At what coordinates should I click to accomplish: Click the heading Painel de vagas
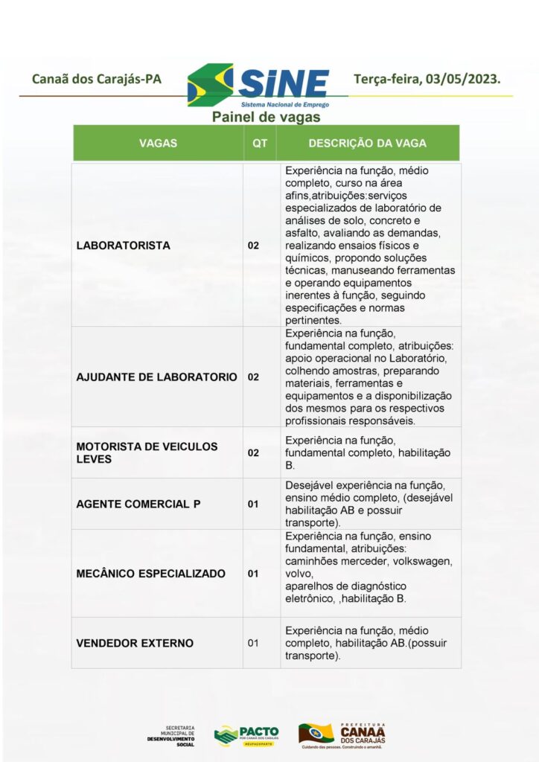pyautogui.click(x=266, y=117)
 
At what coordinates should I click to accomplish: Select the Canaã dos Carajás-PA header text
pyautogui.click(x=97, y=79)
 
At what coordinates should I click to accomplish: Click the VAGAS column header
pyautogui.click(x=158, y=143)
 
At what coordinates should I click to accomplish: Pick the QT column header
pyautogui.click(x=260, y=143)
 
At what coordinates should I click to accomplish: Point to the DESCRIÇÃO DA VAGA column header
pyautogui.click(x=368, y=143)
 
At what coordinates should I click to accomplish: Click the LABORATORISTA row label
pyautogui.click(x=124, y=246)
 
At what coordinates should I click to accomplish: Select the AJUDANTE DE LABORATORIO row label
pyautogui.click(x=156, y=377)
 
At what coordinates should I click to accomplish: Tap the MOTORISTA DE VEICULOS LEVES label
pyautogui.click(x=147, y=452)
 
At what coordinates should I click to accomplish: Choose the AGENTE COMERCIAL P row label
pyautogui.click(x=138, y=504)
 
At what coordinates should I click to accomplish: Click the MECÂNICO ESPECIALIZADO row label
pyautogui.click(x=151, y=574)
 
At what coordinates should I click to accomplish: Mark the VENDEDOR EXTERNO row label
pyautogui.click(x=135, y=643)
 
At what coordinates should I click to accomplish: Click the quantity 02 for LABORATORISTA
pyautogui.click(x=253, y=246)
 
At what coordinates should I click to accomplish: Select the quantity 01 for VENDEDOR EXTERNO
pyautogui.click(x=253, y=643)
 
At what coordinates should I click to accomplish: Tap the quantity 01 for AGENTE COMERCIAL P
pyautogui.click(x=253, y=504)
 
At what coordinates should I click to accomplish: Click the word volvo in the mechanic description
pyautogui.click(x=298, y=574)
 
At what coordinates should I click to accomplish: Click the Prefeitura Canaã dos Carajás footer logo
pyautogui.click(x=342, y=735)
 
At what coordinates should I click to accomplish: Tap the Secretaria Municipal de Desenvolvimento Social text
pyautogui.click(x=170, y=736)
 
